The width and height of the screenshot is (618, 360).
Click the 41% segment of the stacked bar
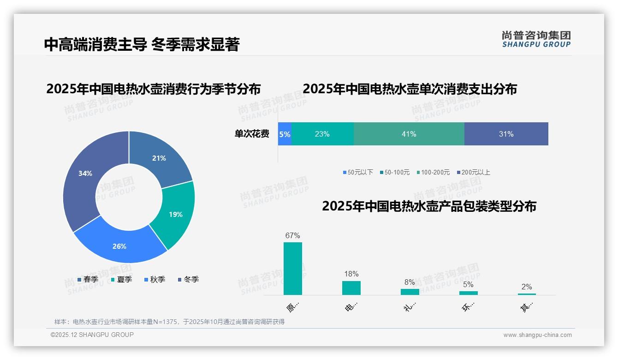409,134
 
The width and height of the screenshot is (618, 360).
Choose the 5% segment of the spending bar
285,134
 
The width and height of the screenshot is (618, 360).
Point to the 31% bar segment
506,134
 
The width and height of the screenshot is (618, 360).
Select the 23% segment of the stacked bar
322,134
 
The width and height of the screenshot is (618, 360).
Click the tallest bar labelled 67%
292,269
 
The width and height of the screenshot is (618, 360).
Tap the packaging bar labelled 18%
351,288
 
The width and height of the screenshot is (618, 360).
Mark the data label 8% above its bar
410,282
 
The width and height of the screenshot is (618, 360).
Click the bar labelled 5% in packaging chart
468,293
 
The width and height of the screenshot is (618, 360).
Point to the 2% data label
527,287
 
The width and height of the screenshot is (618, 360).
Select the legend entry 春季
88,279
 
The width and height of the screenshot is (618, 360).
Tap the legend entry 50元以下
358,172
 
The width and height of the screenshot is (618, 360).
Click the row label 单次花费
252,134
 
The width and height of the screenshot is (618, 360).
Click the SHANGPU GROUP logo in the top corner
536,39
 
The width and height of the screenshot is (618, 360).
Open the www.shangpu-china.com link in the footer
537,335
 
